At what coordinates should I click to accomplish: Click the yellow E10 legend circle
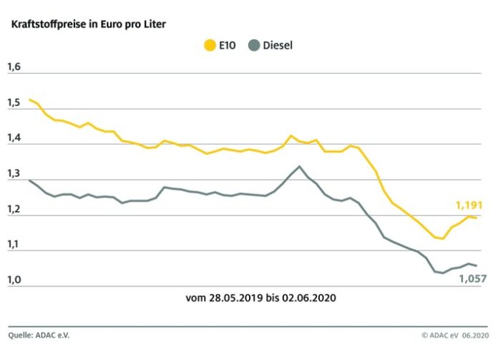(x=210, y=46)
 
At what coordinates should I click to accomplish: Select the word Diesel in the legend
(x=278, y=46)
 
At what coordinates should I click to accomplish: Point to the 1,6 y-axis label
(x=14, y=68)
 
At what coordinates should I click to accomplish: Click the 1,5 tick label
(x=14, y=104)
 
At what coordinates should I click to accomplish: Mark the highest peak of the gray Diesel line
(x=299, y=166)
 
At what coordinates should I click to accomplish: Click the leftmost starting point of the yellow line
(x=29, y=99)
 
